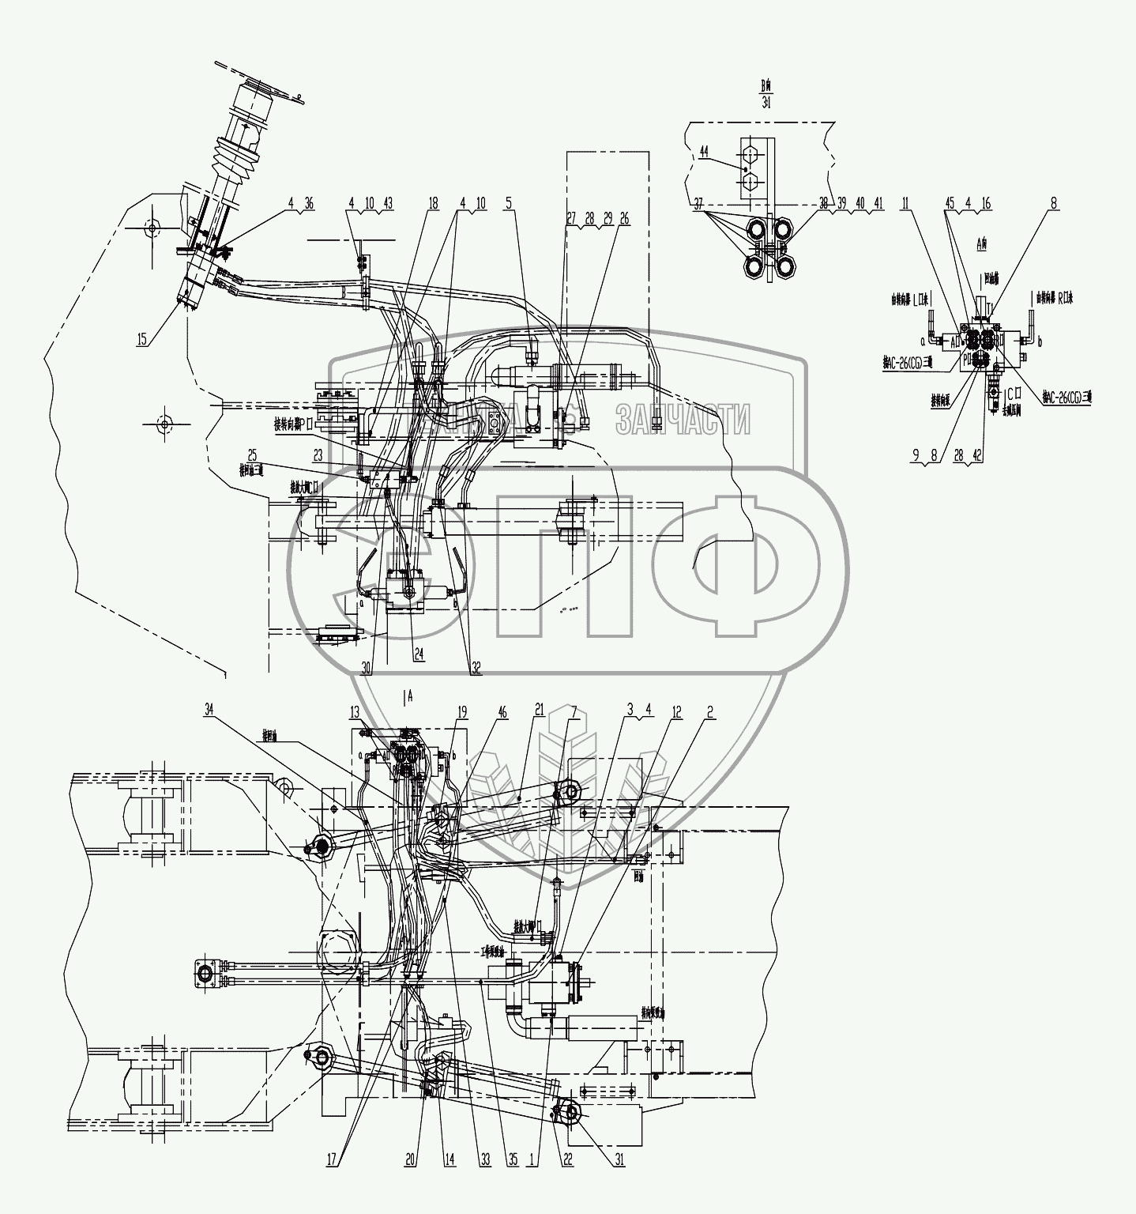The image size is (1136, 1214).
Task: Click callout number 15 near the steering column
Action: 141,339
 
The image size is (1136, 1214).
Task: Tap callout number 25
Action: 252,454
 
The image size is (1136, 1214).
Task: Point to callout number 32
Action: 475,666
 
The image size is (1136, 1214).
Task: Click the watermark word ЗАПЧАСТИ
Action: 683,419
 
